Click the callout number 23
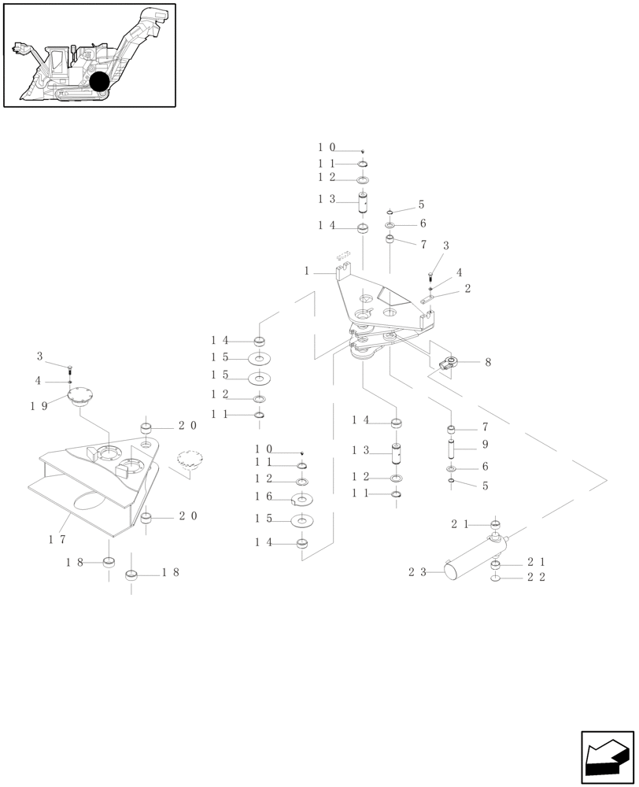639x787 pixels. [x=416, y=573]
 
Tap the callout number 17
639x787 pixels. [x=56, y=539]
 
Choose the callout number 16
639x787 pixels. [x=264, y=497]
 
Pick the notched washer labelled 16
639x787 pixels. [x=302, y=497]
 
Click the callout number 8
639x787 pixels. [x=488, y=363]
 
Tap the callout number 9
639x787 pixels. [x=485, y=445]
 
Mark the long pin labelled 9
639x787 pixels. [x=452, y=450]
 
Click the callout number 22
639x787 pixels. [x=536, y=577]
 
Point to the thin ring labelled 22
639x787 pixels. [x=495, y=578]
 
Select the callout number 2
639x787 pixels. [x=467, y=289]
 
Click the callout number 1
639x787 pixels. [x=307, y=271]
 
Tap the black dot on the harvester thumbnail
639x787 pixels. [x=99, y=81]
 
